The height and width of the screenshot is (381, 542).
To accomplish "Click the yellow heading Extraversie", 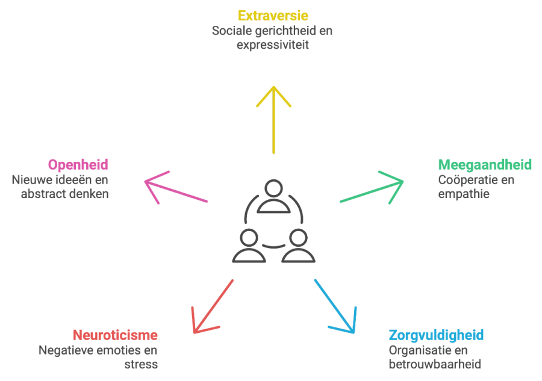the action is [x=273, y=16].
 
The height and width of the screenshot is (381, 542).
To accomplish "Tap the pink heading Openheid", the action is [x=78, y=165].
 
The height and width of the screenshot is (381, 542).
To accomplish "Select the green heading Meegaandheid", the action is [x=485, y=165].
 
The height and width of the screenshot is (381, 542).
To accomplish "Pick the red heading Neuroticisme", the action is [x=115, y=335].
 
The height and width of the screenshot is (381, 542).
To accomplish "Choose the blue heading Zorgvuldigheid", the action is [x=436, y=335].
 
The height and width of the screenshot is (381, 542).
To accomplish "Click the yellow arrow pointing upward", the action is [x=273, y=120].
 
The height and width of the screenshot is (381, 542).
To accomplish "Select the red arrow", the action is [x=213, y=306].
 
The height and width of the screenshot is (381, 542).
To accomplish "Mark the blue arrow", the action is [x=335, y=306].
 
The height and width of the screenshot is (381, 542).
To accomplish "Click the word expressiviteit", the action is [x=273, y=45].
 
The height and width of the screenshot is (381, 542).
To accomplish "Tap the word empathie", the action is [x=464, y=194].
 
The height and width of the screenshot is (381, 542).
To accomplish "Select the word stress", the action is [x=141, y=364].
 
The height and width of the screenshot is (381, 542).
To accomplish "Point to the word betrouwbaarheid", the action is [x=435, y=364].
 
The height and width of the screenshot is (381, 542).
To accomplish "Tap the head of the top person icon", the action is [x=273, y=188].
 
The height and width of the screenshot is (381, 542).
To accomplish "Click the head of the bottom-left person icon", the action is [x=249, y=238].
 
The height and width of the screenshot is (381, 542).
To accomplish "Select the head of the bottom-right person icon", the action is [x=298, y=238].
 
